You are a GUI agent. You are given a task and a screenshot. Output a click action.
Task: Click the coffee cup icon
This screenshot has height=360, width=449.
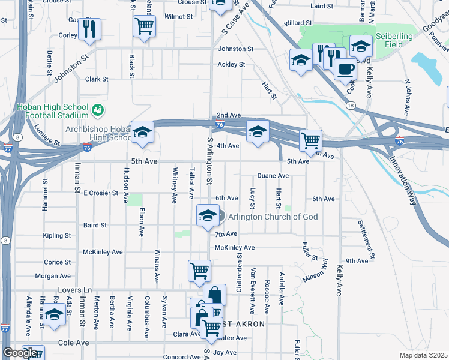tap(345, 70)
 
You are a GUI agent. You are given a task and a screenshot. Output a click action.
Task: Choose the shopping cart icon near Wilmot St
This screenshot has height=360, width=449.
tap(144, 26)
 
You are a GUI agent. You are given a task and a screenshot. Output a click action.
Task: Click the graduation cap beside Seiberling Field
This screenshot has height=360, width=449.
tap(360, 46)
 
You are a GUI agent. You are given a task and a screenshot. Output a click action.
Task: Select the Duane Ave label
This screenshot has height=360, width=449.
tap(273, 176)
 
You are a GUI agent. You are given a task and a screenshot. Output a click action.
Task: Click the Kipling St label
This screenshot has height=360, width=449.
tap(57, 236)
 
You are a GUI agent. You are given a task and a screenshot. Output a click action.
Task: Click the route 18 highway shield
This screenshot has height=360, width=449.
tap(349, 104)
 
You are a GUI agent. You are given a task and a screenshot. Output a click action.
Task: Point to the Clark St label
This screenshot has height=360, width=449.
tap(97, 79)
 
